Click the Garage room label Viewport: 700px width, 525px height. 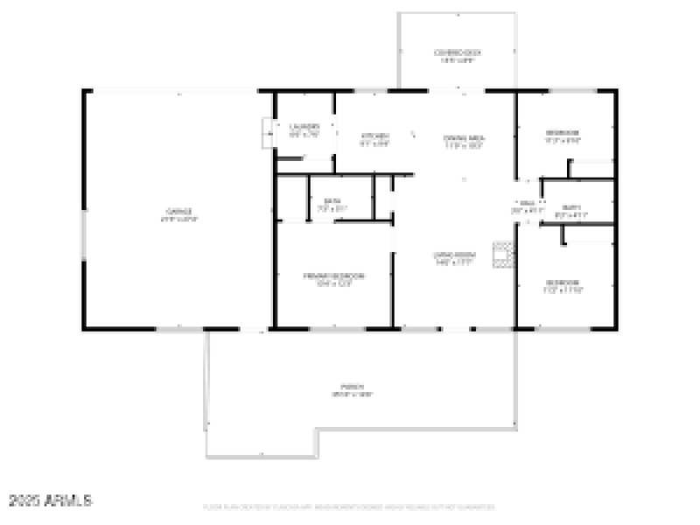pos(179,211)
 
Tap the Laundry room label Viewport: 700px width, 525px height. pos(304,127)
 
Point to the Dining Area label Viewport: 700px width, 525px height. pos(465,137)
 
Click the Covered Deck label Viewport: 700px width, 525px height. pos(458,52)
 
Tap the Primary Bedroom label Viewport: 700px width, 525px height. pos(333,276)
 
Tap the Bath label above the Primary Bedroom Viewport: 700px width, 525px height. pos(332,202)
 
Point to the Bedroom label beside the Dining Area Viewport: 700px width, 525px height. pos(562,132)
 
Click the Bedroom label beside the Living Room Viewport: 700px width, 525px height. pos(562,282)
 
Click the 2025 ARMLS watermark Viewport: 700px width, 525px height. pos(51,500)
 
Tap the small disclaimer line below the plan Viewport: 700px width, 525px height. pos(347,507)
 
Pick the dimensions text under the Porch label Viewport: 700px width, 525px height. pos(353,395)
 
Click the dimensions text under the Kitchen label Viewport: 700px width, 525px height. pos(375,143)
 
